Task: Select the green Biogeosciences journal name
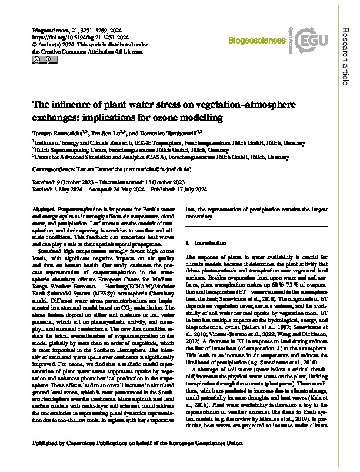click(x=252, y=43)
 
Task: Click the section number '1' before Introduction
click(x=187, y=242)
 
